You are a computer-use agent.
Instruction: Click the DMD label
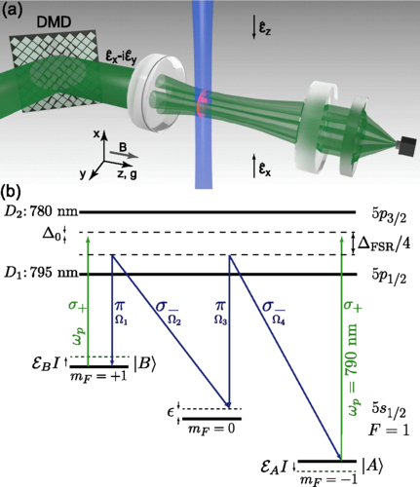click(x=55, y=22)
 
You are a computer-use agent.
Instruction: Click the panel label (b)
click(x=12, y=193)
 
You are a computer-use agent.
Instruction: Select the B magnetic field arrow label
click(x=123, y=148)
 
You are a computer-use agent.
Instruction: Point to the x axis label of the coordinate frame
click(x=96, y=133)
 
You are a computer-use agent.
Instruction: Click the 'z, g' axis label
click(x=127, y=174)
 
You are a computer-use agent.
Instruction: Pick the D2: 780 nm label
click(x=41, y=211)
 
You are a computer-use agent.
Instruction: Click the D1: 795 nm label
click(x=41, y=273)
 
